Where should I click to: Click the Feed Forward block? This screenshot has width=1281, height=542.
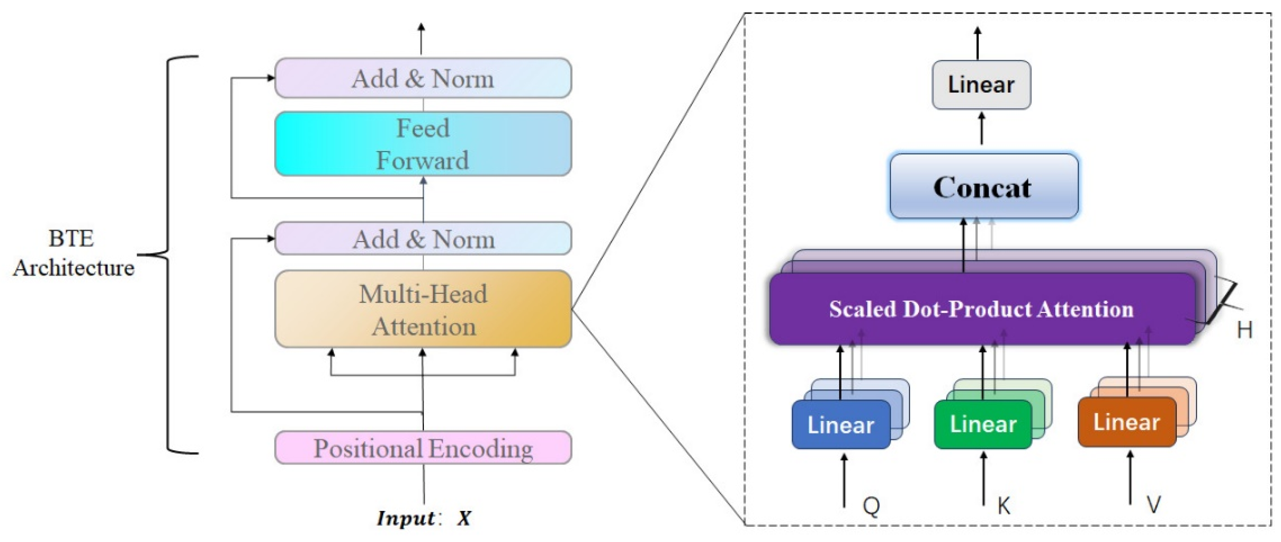pyautogui.click(x=423, y=144)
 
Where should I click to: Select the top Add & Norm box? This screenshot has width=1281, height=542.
pyautogui.click(x=423, y=78)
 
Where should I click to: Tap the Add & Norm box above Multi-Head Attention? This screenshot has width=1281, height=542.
pyautogui.click(x=423, y=239)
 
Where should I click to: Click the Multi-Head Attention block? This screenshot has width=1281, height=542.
pyautogui.click(x=423, y=309)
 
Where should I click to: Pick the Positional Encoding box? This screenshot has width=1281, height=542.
pyautogui.click(x=423, y=448)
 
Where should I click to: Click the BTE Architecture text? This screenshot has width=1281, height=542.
pyautogui.click(x=73, y=253)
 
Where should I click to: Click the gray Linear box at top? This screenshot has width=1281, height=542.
pyautogui.click(x=981, y=84)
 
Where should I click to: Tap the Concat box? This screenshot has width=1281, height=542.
pyautogui.click(x=983, y=186)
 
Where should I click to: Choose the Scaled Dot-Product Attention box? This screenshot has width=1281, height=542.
pyautogui.click(x=981, y=309)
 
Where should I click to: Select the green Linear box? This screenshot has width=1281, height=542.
pyautogui.click(x=982, y=425)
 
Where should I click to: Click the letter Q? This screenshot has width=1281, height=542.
pyautogui.click(x=871, y=506)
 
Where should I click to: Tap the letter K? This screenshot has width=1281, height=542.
pyautogui.click(x=1004, y=506)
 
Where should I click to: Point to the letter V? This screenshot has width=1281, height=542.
pyautogui.click(x=1153, y=505)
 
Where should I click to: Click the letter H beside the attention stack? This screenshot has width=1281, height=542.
pyautogui.click(x=1244, y=329)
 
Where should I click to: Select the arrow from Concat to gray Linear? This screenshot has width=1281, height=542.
pyautogui.click(x=981, y=128)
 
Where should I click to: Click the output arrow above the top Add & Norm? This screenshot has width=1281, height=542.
pyautogui.click(x=421, y=39)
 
